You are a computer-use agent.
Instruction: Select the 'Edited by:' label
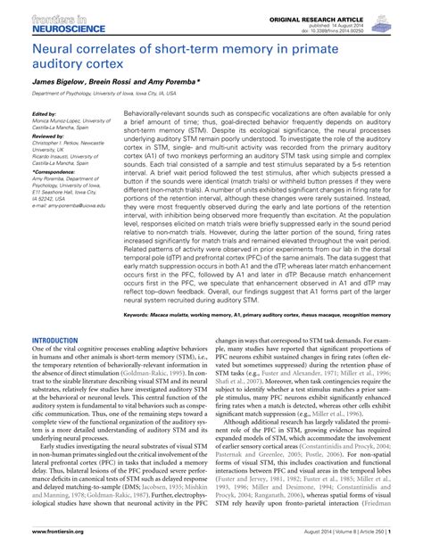[x=45, y=115]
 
